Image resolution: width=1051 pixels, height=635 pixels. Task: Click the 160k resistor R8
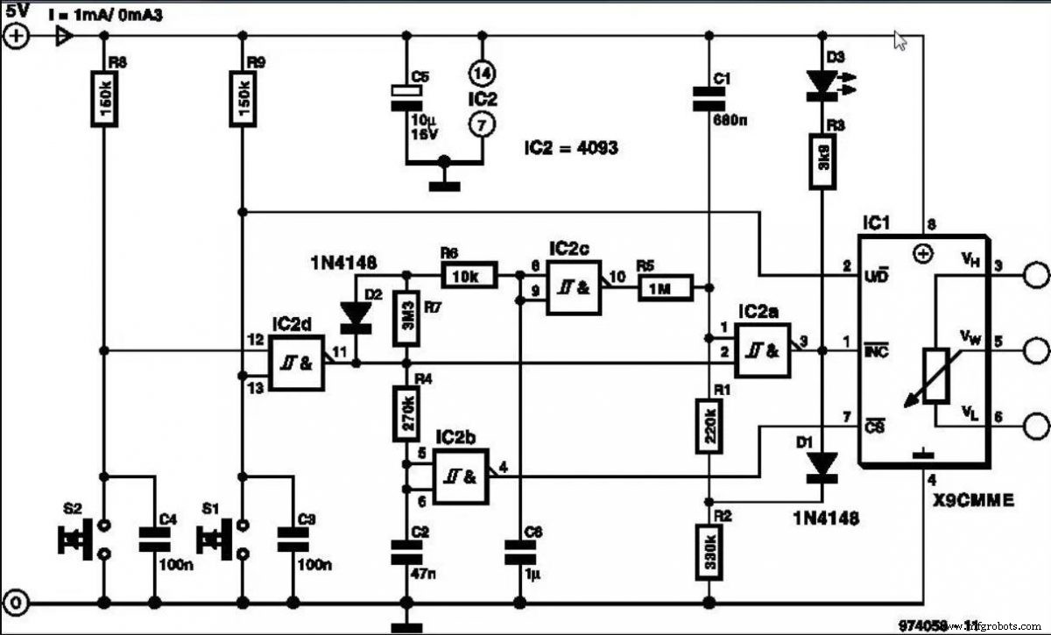(x=104, y=95)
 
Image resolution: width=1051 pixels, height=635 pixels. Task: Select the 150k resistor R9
(x=240, y=95)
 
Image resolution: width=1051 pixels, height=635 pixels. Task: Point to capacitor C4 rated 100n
(x=155, y=539)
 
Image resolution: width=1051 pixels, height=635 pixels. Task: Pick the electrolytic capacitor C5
(x=406, y=96)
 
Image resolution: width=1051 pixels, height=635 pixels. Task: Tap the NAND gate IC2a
(x=762, y=350)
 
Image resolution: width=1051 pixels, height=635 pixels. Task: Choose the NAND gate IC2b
(x=461, y=477)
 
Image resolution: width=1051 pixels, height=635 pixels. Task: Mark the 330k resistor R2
(x=707, y=552)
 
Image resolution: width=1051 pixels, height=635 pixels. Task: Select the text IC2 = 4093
(x=571, y=148)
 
